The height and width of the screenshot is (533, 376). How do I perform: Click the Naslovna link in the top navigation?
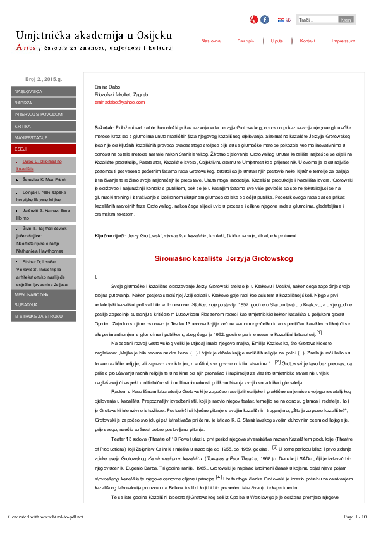211,41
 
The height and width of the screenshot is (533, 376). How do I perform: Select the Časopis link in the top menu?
246,41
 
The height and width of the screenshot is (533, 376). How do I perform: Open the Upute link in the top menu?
277,41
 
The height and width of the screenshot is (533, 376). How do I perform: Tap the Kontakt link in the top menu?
308,41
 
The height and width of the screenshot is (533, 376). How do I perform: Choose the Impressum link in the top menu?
343,41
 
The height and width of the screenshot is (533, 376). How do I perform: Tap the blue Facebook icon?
264,20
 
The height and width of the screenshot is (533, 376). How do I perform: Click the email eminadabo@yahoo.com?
111,102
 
